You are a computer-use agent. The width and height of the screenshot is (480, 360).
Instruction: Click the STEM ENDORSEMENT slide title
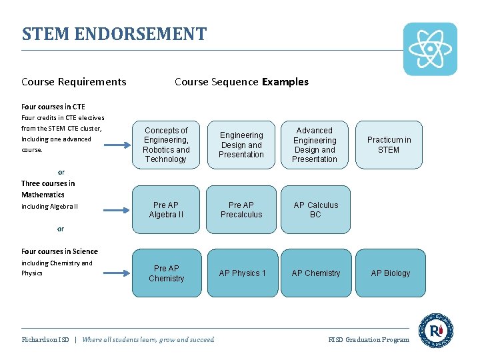point(114,34)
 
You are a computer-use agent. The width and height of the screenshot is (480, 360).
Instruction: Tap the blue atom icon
point(430,49)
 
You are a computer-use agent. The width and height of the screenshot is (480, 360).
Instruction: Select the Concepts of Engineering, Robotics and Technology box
point(166,145)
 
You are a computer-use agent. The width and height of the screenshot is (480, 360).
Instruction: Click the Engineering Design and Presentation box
point(241,145)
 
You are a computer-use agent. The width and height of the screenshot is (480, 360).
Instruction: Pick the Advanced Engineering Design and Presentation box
point(315,145)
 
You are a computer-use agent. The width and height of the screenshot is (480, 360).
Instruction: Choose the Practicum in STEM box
point(389,145)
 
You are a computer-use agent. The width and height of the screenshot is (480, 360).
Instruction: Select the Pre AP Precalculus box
point(241,210)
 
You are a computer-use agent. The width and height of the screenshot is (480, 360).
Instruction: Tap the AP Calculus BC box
point(315,210)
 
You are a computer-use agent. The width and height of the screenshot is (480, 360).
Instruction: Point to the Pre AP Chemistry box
point(167,273)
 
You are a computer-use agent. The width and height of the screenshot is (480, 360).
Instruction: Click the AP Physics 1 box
point(242,273)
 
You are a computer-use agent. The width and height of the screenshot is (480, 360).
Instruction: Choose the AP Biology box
point(390,273)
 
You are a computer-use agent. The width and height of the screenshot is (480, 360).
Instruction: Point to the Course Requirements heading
point(73,82)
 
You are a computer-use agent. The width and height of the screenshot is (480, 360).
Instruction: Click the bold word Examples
point(285,82)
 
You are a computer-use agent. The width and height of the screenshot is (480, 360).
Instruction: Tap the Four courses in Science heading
point(59,251)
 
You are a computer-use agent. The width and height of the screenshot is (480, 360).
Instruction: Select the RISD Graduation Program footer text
point(369,340)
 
